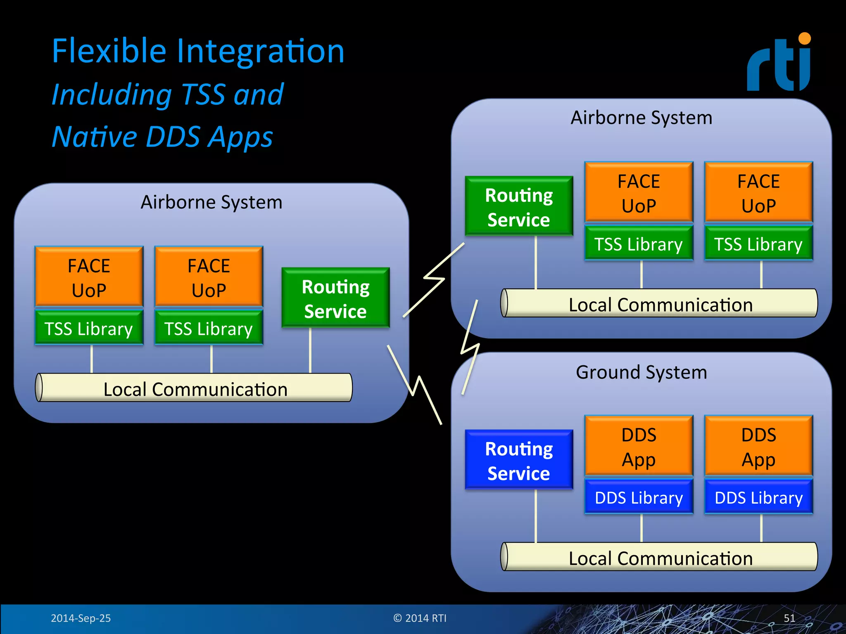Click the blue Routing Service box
pos(519,460)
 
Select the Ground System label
pos(641,372)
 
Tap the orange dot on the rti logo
pos(804,39)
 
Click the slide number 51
pos(789,618)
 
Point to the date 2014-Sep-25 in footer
pos(81,618)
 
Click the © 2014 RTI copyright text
pos(420,618)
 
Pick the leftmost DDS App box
pos(639,446)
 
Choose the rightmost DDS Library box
pos(758,497)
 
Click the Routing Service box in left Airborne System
pos(335,298)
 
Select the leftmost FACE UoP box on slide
pos(89,277)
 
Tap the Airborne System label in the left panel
pos(211,202)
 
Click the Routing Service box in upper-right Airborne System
pos(519,206)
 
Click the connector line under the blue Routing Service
pos(536,516)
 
